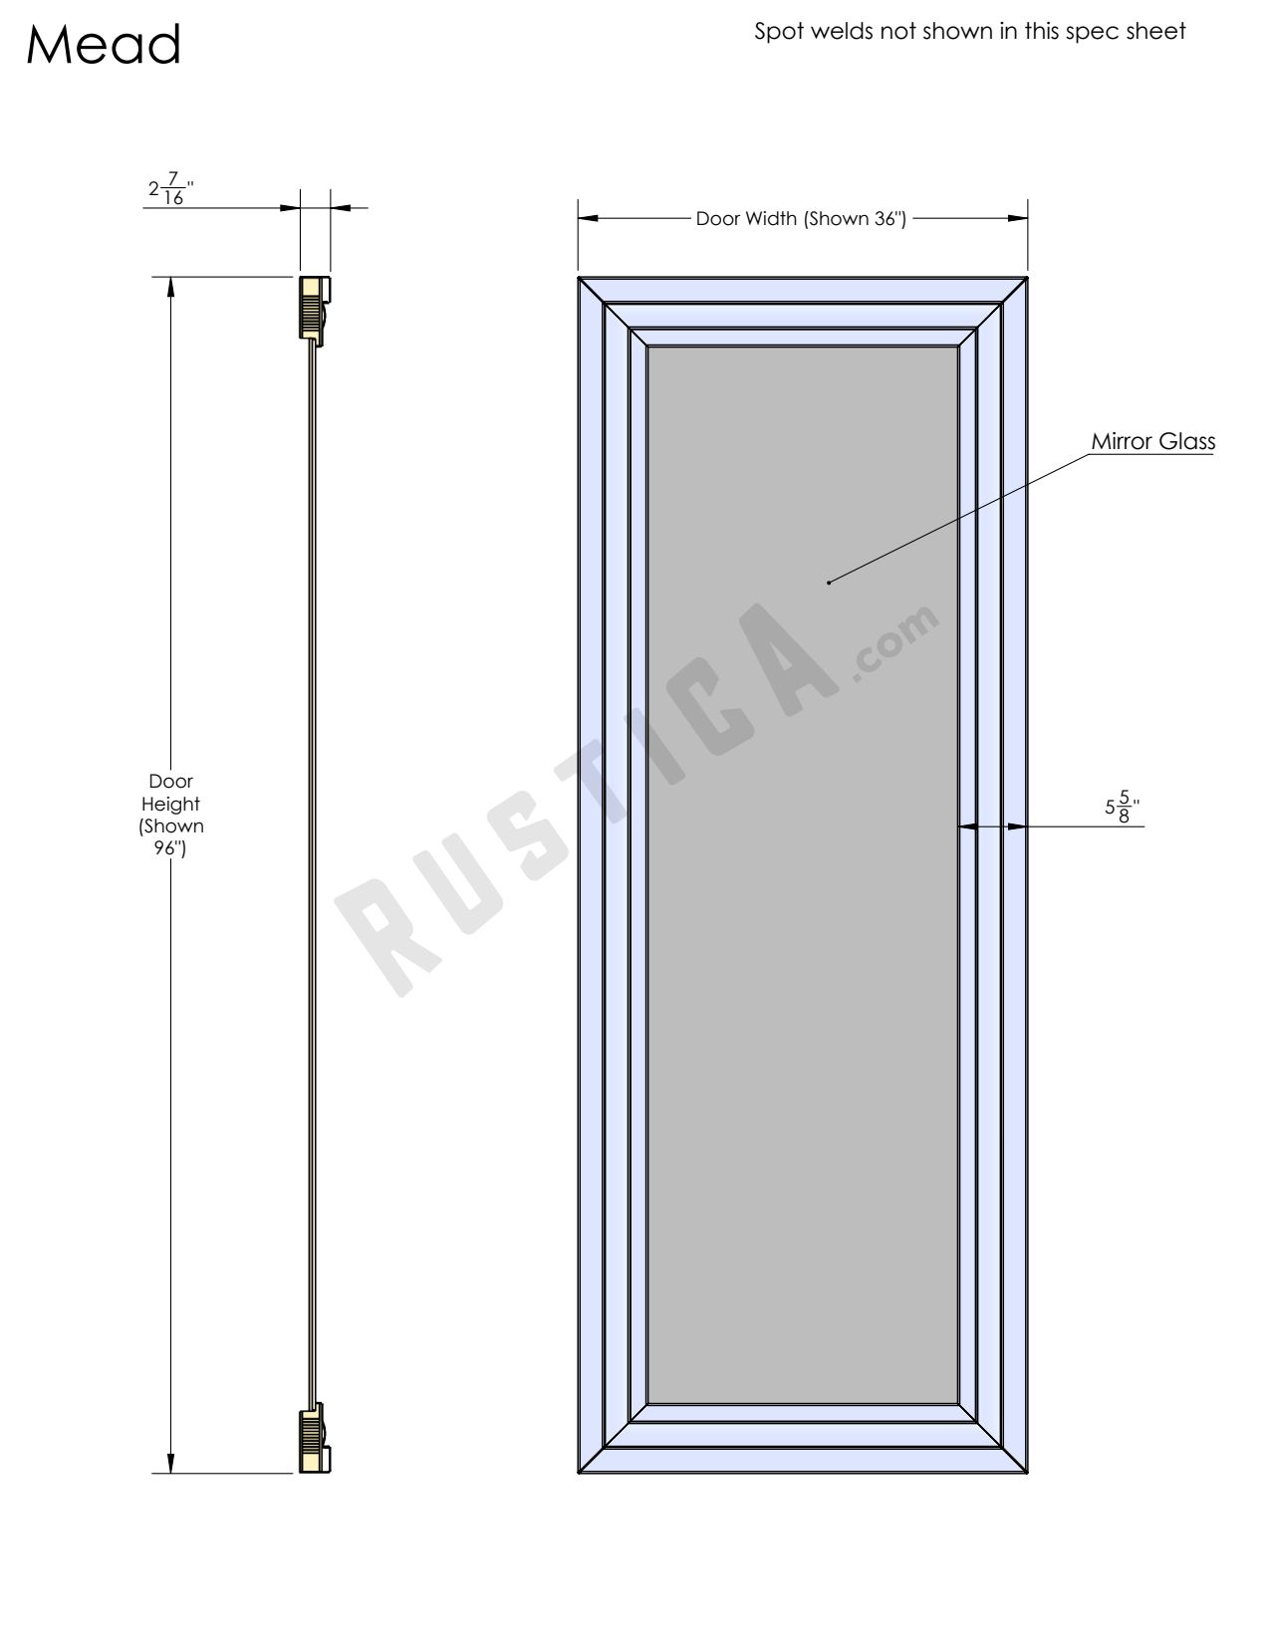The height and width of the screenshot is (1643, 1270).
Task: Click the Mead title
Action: [x=104, y=46]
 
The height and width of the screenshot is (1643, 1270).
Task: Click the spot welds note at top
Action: [x=969, y=32]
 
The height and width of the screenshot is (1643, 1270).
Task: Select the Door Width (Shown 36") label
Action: [x=801, y=219]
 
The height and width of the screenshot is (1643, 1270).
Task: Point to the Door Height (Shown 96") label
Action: [x=171, y=815]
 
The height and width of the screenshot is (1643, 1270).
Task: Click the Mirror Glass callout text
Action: [x=1152, y=441]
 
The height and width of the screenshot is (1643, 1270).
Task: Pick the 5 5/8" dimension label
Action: [x=1122, y=808]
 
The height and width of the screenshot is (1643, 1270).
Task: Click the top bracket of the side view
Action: [x=315, y=309]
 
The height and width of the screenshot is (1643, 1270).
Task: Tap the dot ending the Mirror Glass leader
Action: [x=829, y=583]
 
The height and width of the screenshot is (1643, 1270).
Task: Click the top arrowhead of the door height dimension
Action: [x=171, y=286]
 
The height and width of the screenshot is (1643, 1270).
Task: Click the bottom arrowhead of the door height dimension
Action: [x=171, y=1463]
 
